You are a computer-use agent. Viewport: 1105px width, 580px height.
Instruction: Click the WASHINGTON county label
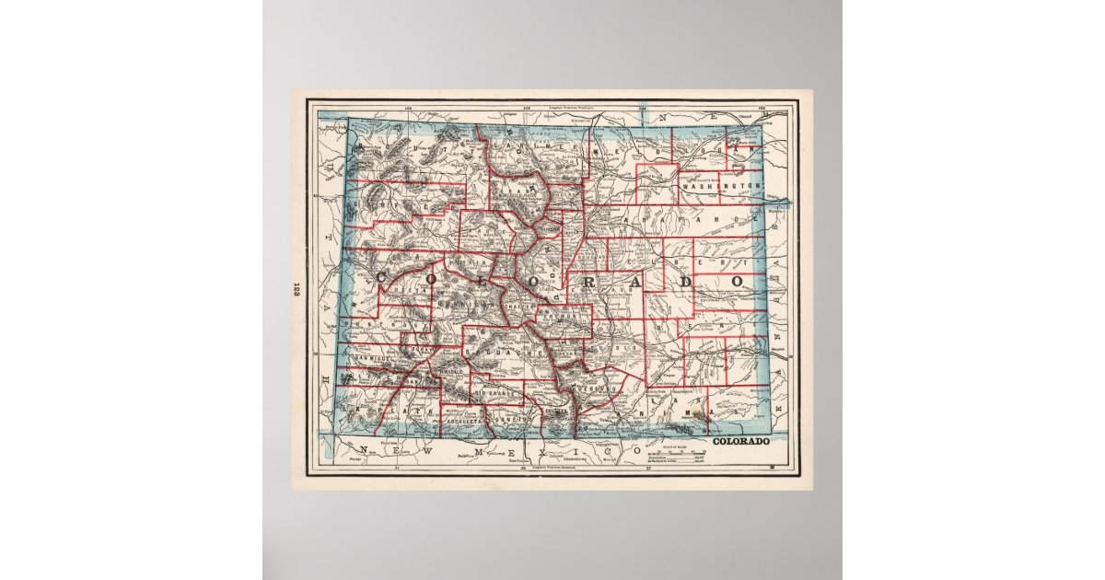[722, 186]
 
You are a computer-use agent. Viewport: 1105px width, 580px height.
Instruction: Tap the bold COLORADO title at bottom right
[741, 443]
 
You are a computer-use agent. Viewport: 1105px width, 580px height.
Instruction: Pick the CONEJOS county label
[506, 420]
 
